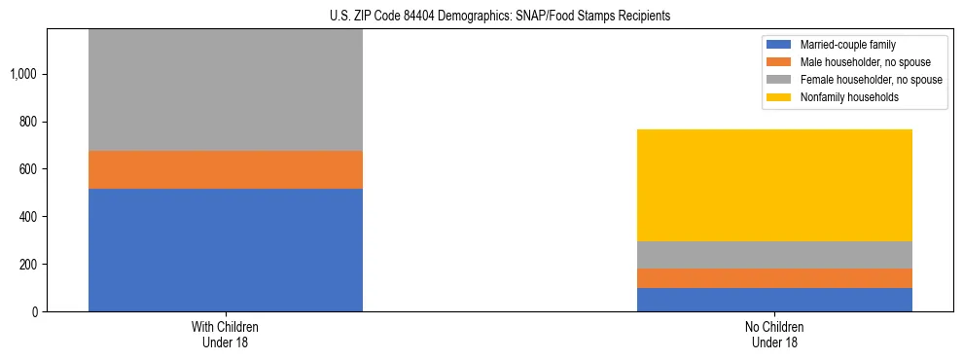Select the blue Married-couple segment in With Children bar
[225, 250]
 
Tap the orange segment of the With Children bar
[225, 170]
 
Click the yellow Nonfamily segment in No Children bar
[774, 185]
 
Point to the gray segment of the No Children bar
[774, 255]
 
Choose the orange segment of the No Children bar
[774, 278]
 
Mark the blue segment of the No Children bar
[774, 300]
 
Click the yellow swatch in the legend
[780, 97]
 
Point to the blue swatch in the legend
[780, 46]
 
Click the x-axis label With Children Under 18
[225, 335]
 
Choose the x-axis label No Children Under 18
[774, 335]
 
